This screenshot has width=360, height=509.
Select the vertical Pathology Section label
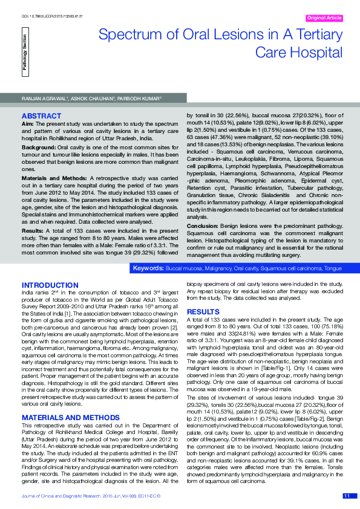click(25, 53)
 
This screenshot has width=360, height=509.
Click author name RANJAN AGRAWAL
click(42, 96)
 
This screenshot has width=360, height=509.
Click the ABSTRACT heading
click(41, 115)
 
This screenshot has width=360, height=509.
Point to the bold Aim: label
click(27, 123)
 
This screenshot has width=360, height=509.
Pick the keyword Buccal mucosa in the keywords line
click(185, 267)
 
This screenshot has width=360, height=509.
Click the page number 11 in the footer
click(347, 496)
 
